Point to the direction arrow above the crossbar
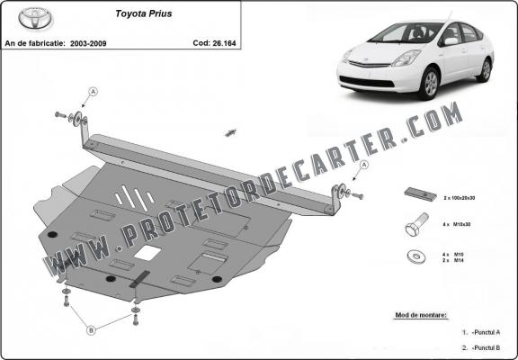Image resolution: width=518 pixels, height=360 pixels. (230, 132)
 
